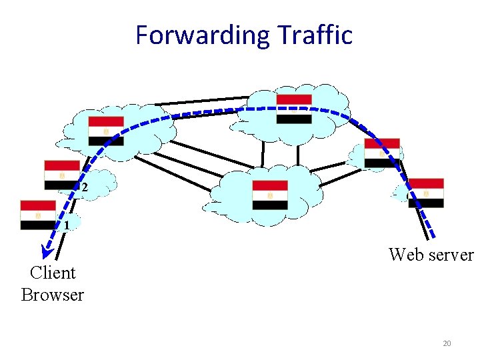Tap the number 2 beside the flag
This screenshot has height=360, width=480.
coord(84,188)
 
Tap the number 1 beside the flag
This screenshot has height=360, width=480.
coord(67,225)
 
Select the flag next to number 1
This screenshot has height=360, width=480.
coord(38,215)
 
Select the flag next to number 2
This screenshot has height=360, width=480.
coord(61,175)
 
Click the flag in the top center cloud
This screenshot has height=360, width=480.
coord(294,109)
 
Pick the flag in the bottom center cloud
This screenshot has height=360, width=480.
coord(270,195)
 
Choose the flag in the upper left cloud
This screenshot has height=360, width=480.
coord(106,131)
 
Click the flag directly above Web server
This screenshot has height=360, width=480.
coord(426,193)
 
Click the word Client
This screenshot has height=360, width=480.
coord(53,272)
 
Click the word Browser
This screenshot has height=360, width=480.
coord(53,295)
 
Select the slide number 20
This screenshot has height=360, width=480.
coord(447,343)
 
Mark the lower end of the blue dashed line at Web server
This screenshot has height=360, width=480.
coord(433,237)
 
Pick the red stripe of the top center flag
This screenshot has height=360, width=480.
coord(294,99)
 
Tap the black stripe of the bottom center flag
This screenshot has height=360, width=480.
coord(270,205)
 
